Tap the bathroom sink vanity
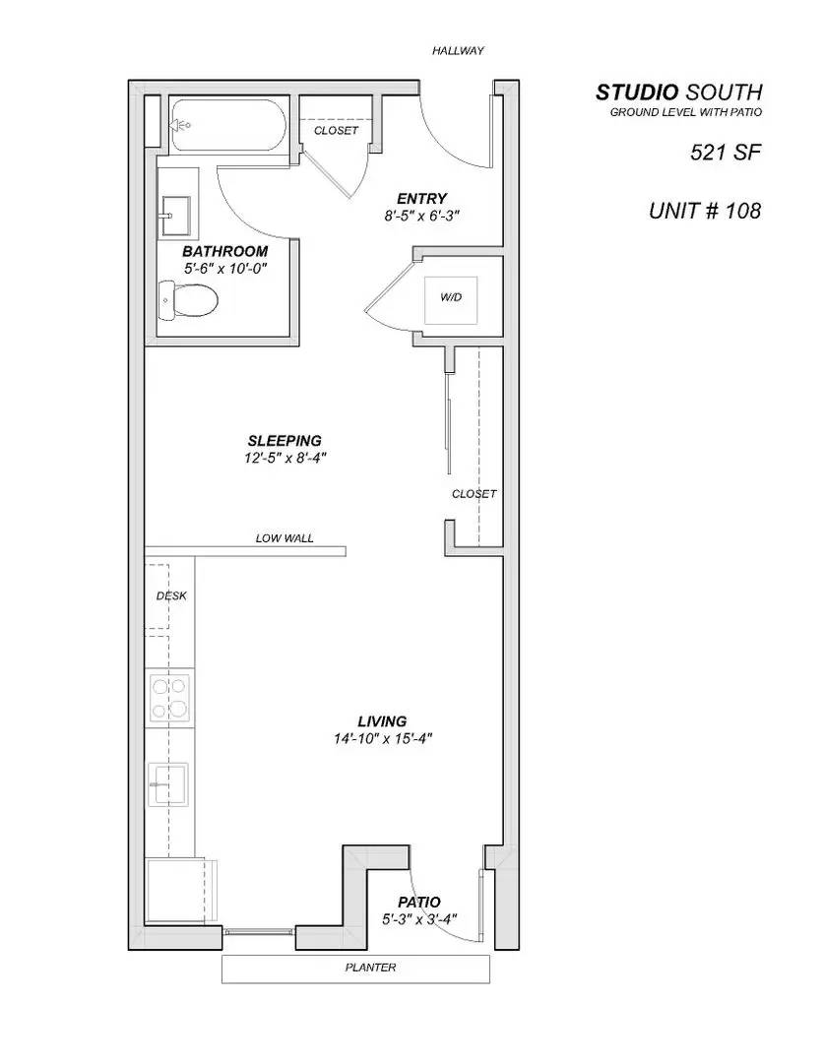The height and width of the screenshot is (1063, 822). tap(178, 211)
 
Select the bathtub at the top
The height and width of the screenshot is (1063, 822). tap(227, 126)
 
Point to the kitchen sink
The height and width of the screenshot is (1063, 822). tap(168, 783)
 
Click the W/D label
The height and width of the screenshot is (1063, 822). tap(451, 295)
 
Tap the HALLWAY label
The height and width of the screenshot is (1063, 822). tap(458, 50)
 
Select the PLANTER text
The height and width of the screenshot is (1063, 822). tap(370, 968)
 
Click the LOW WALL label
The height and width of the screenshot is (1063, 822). tap(285, 538)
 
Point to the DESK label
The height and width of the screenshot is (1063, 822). tap(171, 595)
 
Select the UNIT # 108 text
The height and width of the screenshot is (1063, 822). tap(704, 211)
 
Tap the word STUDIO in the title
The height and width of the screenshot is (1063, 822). tap(636, 93)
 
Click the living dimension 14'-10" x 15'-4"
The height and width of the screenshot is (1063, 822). tap(383, 739)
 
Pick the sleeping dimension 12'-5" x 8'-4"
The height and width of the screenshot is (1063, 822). tap(285, 458)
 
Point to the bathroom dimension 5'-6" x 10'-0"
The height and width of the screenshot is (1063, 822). tap(224, 268)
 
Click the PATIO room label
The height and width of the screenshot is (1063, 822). tap(418, 903)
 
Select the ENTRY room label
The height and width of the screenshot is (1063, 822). tap(422, 198)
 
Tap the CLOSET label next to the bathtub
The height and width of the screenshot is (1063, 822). tap(336, 131)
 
